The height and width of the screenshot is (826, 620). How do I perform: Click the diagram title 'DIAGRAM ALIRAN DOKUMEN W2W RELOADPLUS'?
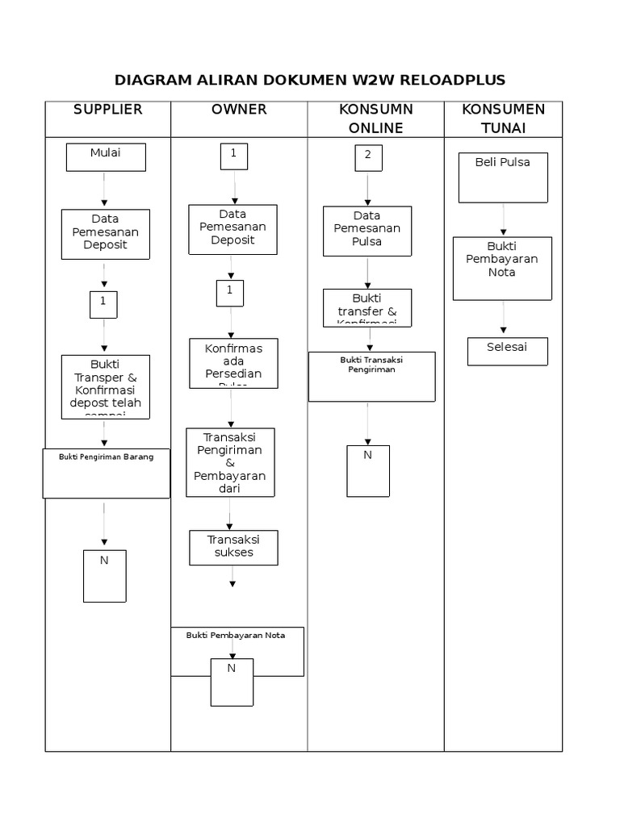point(310,80)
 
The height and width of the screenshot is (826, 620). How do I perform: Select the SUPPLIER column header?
point(107,110)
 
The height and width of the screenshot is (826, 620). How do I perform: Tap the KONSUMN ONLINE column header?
point(375,119)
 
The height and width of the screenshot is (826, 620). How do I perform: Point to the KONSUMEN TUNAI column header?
point(502,119)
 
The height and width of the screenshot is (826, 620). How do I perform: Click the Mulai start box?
point(106,157)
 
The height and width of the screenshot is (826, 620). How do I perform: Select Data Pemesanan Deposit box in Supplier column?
point(106,234)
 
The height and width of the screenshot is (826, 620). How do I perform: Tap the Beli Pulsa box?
point(502,178)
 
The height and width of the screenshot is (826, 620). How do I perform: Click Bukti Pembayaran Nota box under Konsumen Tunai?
point(502,268)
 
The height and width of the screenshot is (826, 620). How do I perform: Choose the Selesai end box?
point(508,351)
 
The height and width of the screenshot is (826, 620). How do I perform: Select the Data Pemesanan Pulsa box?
point(367,231)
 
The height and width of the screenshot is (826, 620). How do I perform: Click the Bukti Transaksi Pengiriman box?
point(371,376)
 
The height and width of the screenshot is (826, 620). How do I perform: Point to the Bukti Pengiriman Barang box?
point(106,473)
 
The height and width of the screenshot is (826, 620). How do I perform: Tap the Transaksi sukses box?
point(233,548)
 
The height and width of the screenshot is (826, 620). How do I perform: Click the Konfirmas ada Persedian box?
point(233,362)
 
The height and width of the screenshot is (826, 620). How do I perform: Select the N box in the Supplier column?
point(104,576)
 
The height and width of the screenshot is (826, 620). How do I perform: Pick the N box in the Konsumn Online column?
point(367,470)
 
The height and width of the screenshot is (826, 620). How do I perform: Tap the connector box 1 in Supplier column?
point(103,304)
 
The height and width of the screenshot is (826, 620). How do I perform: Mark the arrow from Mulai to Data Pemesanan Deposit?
point(104,191)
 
